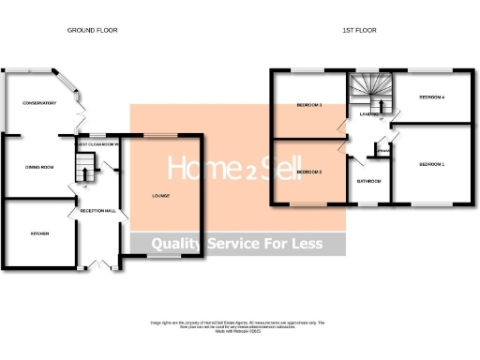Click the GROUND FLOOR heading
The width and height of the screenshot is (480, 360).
click(92, 30)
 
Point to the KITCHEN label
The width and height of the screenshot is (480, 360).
click(38, 232)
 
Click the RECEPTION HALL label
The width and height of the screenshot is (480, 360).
click(98, 211)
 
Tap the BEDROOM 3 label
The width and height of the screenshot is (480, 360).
click(309, 105)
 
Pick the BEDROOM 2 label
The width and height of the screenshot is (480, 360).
click(309, 172)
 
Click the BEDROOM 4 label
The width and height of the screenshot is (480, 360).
click(431, 97)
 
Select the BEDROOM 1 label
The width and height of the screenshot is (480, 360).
click(431, 164)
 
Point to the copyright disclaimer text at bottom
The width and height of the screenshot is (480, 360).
click(239, 325)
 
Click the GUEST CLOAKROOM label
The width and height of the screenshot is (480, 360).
click(97, 144)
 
